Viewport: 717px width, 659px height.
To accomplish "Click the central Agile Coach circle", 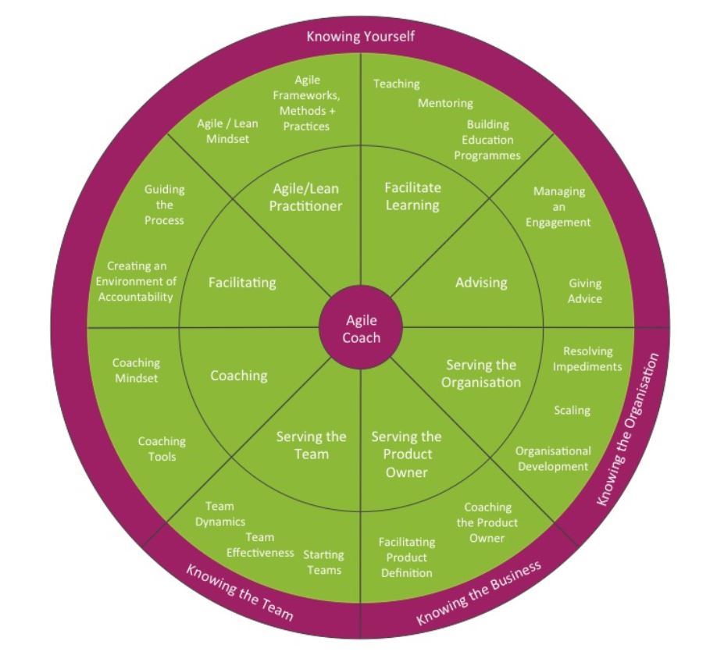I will click(x=361, y=329).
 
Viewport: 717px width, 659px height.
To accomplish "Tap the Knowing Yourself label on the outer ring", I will click(x=360, y=36).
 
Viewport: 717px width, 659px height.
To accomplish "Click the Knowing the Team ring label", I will click(x=240, y=591).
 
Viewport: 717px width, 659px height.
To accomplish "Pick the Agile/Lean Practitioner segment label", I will click(x=306, y=197).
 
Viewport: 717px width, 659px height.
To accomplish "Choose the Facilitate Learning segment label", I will click(x=412, y=196).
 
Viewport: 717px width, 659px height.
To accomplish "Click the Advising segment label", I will click(x=481, y=282).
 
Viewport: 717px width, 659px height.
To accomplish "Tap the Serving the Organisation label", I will click(x=481, y=373).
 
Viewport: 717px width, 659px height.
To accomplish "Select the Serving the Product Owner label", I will click(x=406, y=454).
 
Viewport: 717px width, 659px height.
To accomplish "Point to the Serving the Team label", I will click(x=311, y=445).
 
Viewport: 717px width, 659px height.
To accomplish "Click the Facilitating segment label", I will click(x=242, y=283).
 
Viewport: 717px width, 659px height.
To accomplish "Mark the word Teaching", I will click(x=396, y=84).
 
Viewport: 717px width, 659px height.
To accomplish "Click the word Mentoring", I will click(x=445, y=103).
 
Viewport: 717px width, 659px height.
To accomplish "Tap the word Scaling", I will click(x=572, y=410).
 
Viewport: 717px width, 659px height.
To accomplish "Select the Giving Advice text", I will click(x=585, y=291).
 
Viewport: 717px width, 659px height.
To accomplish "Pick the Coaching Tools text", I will click(x=162, y=449).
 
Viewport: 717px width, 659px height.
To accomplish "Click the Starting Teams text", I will click(x=323, y=562).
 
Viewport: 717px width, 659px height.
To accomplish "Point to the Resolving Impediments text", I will click(x=587, y=359).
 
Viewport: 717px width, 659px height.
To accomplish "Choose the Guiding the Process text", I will click(x=164, y=205).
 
